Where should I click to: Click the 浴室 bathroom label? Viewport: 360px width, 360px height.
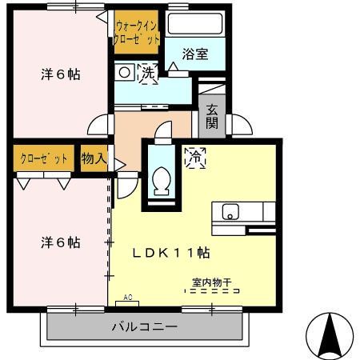[x=194, y=54]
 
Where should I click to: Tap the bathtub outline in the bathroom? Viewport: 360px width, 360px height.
[x=195, y=26]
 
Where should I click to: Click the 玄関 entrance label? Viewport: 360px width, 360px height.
[x=212, y=116]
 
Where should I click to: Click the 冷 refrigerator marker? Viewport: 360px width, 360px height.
[x=194, y=158]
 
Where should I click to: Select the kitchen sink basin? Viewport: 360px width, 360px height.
[x=230, y=212]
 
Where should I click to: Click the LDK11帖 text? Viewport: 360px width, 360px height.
[x=170, y=252]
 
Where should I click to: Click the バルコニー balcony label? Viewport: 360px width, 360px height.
[x=144, y=326]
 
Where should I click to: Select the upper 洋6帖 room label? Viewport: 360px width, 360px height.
[x=62, y=74]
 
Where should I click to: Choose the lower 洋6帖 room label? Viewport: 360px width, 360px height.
[x=61, y=242]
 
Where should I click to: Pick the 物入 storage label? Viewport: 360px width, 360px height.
[x=94, y=158]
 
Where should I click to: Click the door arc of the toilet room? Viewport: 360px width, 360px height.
[x=162, y=130]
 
